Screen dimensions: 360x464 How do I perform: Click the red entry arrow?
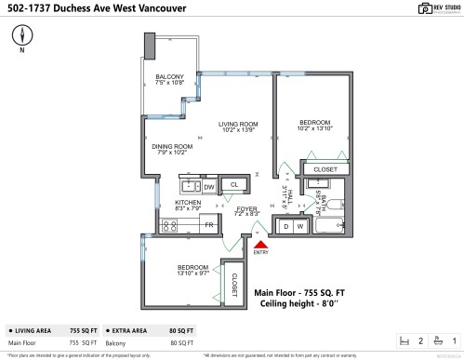[x=258, y=243]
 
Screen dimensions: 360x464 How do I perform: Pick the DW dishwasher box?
[x=209, y=186]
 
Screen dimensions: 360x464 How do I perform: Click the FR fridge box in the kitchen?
[x=209, y=225]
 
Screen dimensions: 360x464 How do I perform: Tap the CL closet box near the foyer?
[x=234, y=185]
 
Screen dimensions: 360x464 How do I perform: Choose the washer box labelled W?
[x=300, y=226]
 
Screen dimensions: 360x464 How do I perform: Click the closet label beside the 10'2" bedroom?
[x=325, y=169]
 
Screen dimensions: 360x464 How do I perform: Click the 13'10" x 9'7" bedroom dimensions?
[x=196, y=274]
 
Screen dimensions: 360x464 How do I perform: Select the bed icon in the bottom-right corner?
[x=404, y=341]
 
